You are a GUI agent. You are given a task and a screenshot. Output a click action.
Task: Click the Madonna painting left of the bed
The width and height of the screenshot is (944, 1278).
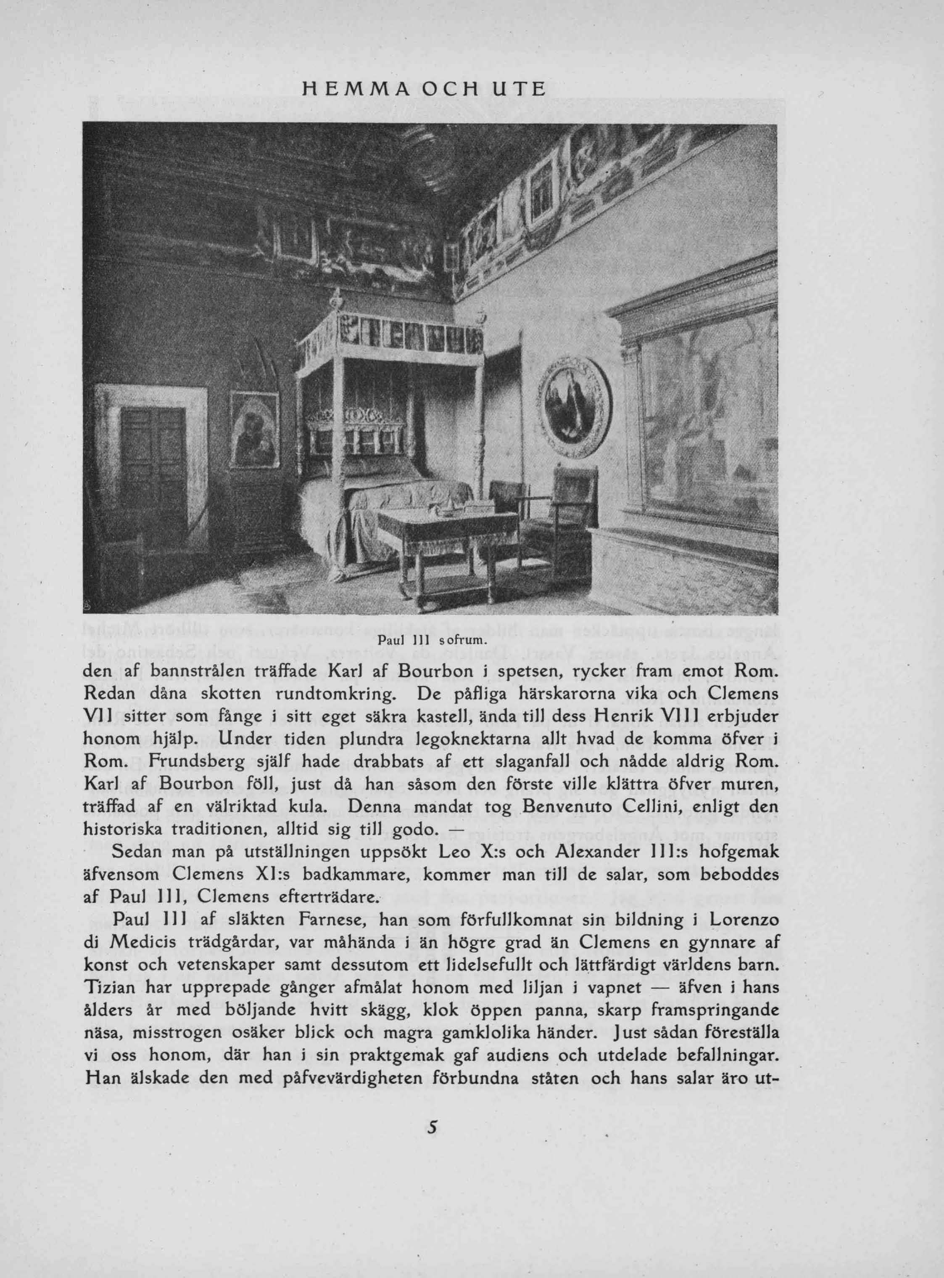pyautogui.click(x=255, y=429)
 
